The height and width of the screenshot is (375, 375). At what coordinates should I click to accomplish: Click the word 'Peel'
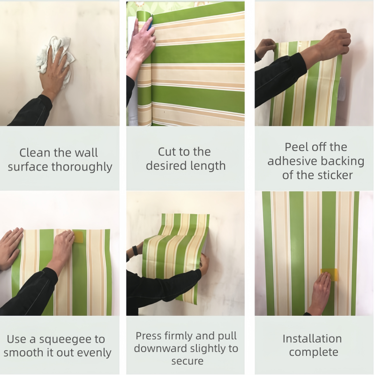[296, 147]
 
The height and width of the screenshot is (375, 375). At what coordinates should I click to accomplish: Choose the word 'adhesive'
[289, 161]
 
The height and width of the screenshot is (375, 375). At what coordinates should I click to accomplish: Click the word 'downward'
[160, 348]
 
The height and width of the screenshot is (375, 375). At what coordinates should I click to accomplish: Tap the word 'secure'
[187, 361]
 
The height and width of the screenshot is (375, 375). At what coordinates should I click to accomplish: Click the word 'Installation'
[312, 338]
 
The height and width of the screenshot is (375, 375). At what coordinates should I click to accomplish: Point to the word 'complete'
[314, 352]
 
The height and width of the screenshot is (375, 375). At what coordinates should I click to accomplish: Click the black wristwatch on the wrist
[135, 250]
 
